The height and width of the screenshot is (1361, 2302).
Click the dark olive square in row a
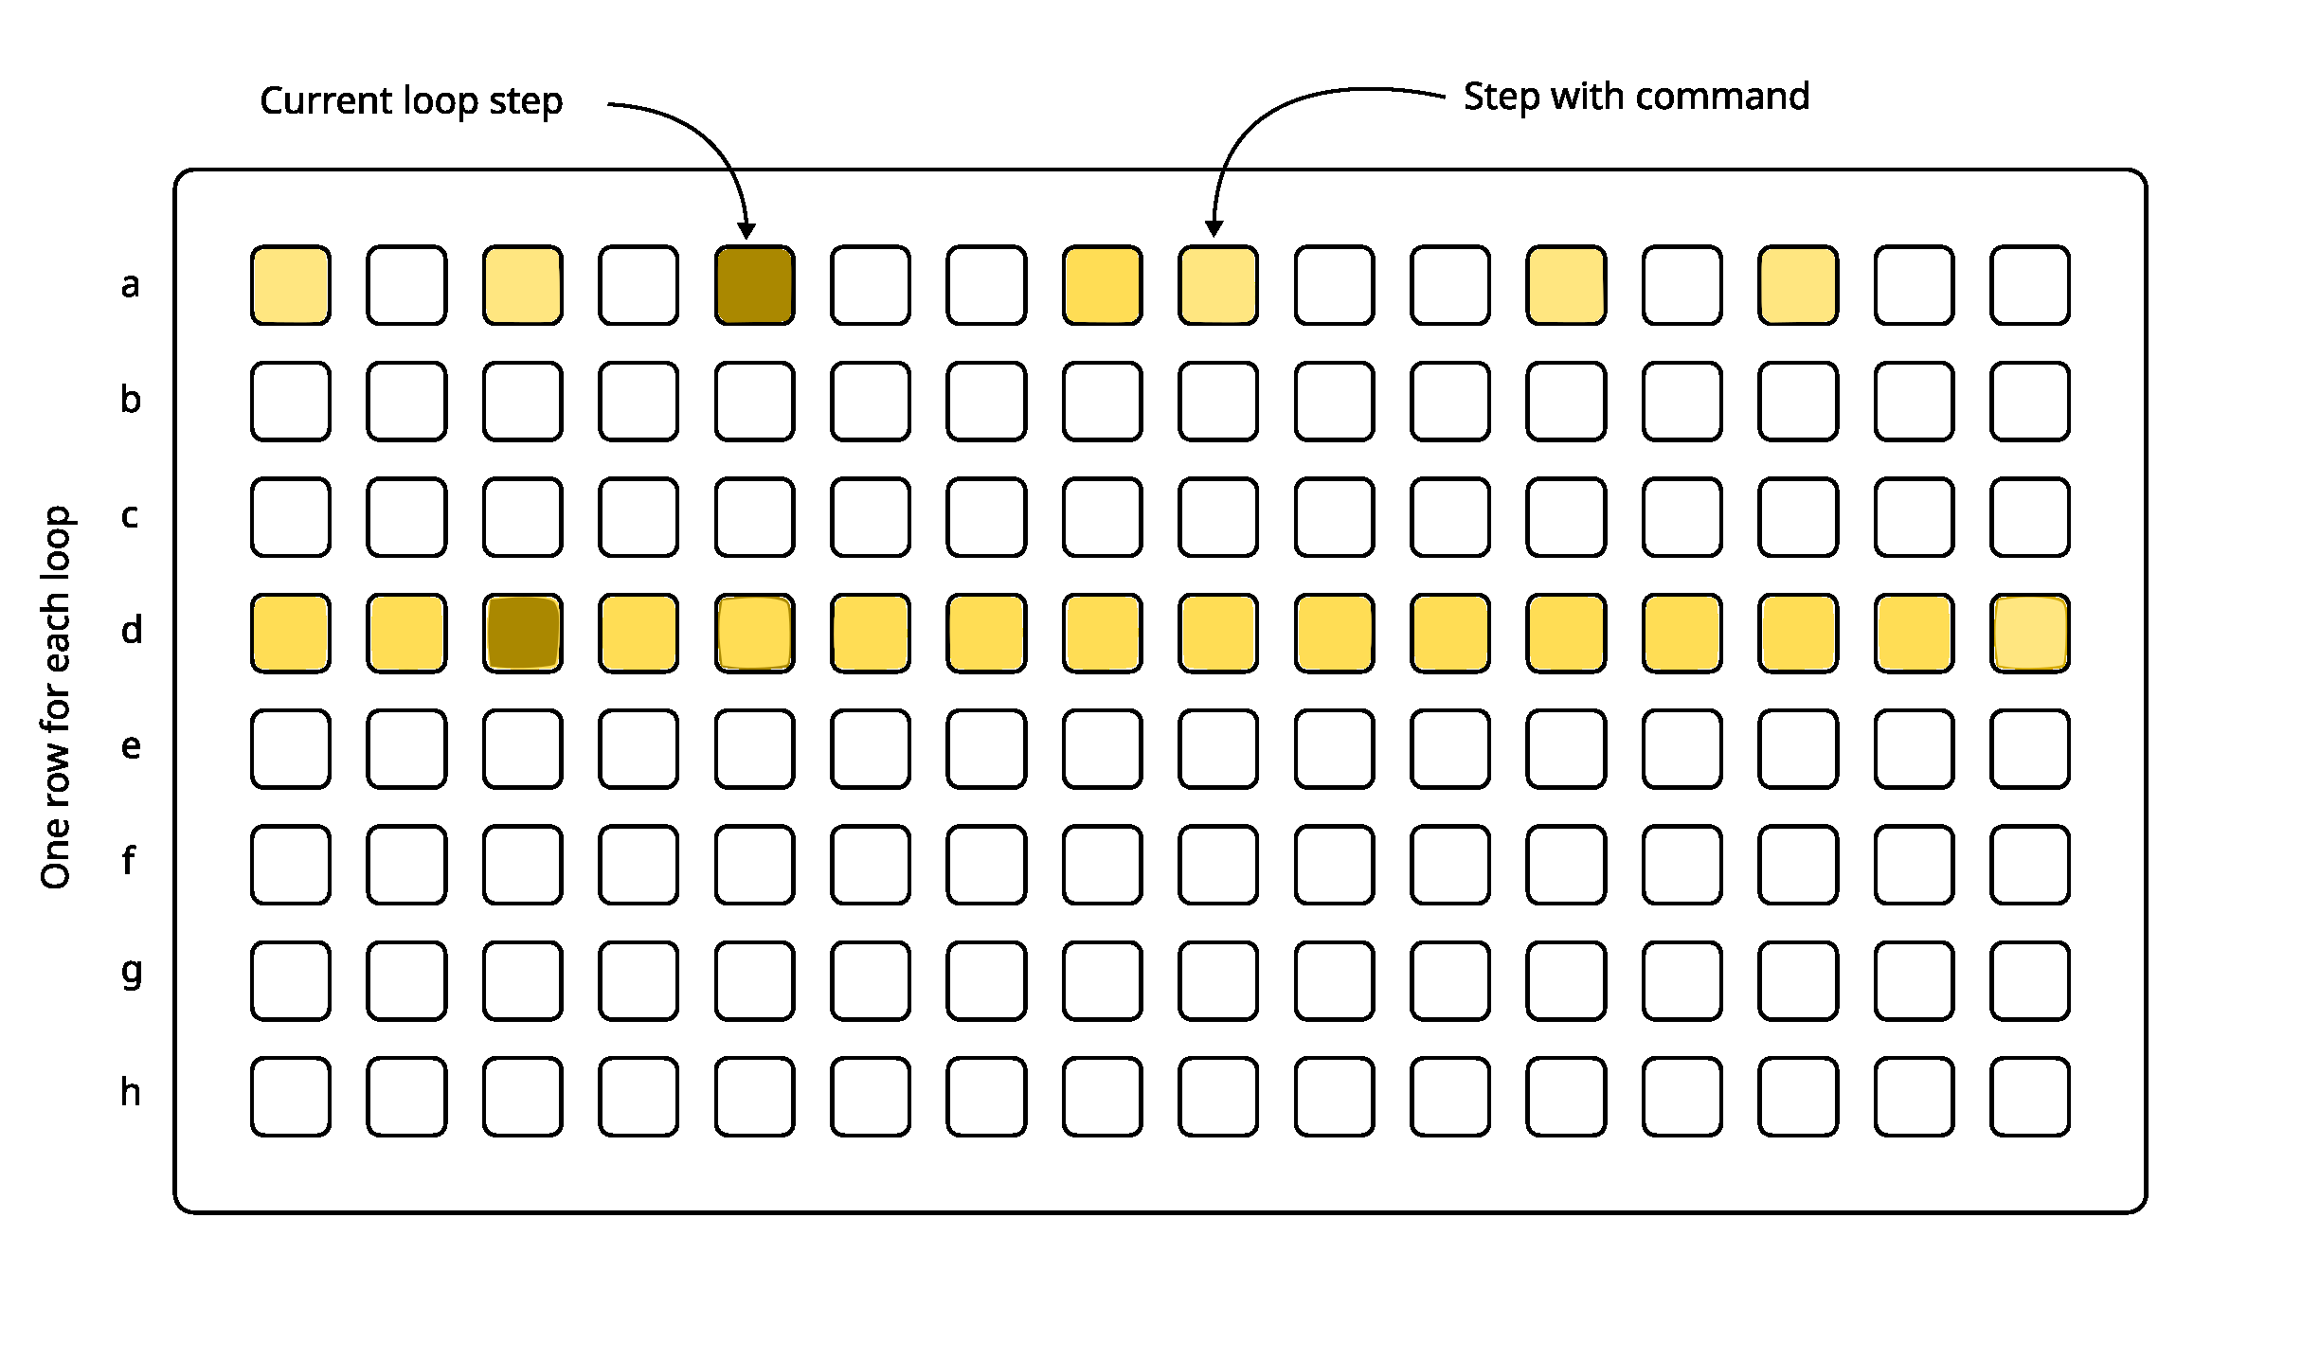[754, 285]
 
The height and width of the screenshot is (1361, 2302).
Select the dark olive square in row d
[522, 633]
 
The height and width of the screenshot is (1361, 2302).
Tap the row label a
[131, 285]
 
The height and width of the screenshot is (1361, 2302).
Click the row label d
[132, 630]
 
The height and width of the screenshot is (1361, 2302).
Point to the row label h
[131, 1093]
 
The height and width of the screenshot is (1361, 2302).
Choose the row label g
[132, 974]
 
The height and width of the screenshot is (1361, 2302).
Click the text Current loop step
[411, 101]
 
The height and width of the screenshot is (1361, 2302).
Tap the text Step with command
[1636, 97]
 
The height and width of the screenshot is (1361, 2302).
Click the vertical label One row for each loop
[56, 697]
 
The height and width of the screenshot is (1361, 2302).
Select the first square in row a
[291, 285]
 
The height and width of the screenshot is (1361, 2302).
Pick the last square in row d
[2029, 633]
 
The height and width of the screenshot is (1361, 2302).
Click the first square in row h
[291, 1096]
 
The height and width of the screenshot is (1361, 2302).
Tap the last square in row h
[2029, 1096]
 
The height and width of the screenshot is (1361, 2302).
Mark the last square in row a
[2029, 285]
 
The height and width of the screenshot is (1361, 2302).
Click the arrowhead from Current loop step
[746, 231]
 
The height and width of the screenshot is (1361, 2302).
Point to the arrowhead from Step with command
[1214, 228]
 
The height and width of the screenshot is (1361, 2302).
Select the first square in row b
[291, 401]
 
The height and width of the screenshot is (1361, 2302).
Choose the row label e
[131, 747]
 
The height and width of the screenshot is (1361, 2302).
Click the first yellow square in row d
[291, 633]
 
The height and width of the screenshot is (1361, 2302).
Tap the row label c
[131, 516]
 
